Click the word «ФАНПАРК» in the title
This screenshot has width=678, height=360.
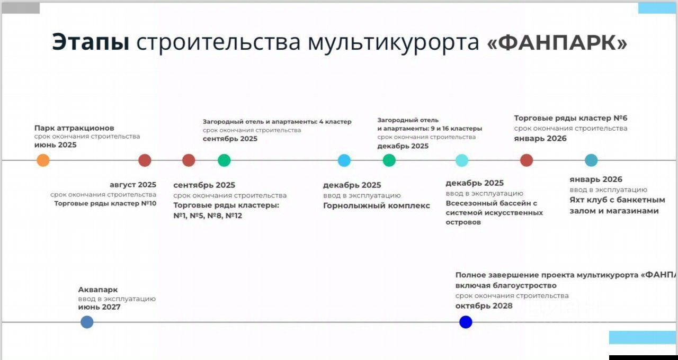tap(557, 42)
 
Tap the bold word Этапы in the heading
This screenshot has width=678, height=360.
tap(91, 42)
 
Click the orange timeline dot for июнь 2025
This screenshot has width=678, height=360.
tap(43, 160)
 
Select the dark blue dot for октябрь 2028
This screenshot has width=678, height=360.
tap(466, 322)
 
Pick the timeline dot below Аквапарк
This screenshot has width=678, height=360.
tap(87, 322)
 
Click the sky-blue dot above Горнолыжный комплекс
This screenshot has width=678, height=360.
tap(344, 160)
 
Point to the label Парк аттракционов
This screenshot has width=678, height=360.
tap(74, 128)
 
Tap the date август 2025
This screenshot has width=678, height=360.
tap(133, 185)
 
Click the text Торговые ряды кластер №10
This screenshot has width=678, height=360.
tap(105, 203)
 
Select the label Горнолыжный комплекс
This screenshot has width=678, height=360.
tap(376, 206)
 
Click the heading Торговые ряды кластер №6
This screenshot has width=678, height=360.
tap(570, 118)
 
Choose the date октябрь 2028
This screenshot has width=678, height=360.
tap(484, 306)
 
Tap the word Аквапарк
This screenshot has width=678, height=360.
tap(98, 290)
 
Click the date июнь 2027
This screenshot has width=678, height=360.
tap(99, 307)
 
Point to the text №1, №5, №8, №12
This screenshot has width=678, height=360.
tap(208, 215)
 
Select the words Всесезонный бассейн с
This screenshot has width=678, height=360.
tap(491, 203)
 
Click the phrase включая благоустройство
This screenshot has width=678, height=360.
tap(506, 285)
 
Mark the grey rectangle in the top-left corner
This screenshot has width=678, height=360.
tap(21, 8)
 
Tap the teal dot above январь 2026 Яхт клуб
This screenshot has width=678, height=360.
tap(591, 160)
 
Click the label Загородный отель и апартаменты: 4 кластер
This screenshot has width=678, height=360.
tap(277, 122)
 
